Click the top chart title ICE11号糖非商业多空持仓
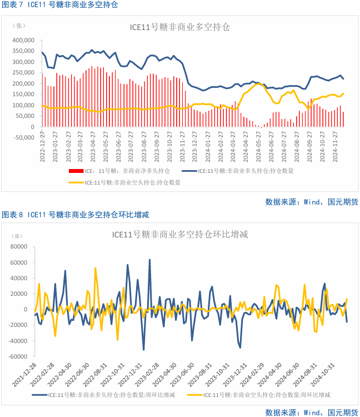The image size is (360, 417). pyautogui.click(x=179, y=27)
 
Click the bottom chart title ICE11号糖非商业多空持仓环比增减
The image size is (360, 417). pyautogui.click(x=179, y=234)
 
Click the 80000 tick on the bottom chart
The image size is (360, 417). pyautogui.click(x=19, y=246)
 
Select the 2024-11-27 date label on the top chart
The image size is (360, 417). pyautogui.click(x=336, y=147)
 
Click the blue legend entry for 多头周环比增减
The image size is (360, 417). pyautogui.click(x=111, y=395)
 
